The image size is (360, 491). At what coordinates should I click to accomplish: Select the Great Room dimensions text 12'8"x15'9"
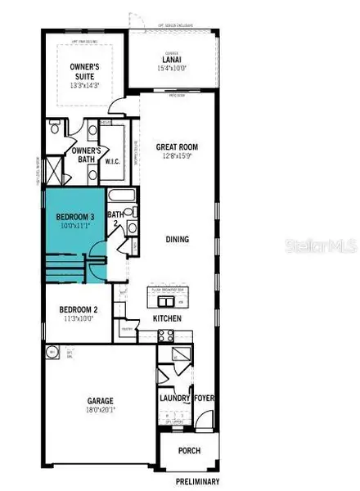(178, 157)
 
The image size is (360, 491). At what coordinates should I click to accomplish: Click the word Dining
(176, 240)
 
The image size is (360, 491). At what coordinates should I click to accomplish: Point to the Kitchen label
(165, 318)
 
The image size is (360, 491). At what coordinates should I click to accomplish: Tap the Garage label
(101, 401)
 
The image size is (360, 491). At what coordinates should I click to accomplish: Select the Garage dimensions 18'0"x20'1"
(101, 410)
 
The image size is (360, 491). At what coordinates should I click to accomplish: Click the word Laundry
(175, 399)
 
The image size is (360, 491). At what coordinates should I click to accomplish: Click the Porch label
(190, 449)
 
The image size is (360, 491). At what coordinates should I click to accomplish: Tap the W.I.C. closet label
(114, 161)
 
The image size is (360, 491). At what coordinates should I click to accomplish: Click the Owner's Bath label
(86, 155)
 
